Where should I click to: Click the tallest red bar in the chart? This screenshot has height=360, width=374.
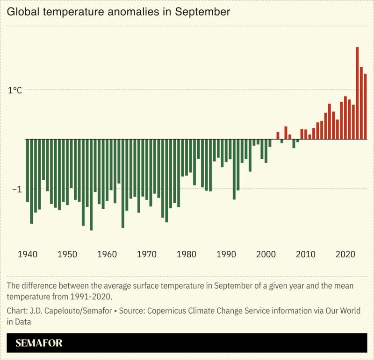tap(357, 93)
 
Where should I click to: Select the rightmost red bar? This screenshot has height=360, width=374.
tap(365, 106)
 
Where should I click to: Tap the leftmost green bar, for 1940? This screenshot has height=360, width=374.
tap(28, 170)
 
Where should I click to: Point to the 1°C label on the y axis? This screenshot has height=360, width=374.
tap(15, 90)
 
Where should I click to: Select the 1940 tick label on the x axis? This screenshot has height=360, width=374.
tap(27, 254)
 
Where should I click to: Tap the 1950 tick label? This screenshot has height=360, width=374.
tap(67, 254)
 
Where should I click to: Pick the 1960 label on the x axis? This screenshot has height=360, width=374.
tap(107, 254)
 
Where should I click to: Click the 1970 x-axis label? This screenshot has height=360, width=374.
tap(147, 254)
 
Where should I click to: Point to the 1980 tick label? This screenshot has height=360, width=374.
tap(187, 254)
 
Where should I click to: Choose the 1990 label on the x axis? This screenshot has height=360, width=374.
tap(226, 254)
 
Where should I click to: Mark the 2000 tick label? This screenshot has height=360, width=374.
tap(266, 254)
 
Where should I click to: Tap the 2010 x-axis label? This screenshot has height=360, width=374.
tap(306, 254)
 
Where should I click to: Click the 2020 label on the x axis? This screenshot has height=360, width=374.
tap(345, 254)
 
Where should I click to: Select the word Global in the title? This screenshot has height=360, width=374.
tap(23, 12)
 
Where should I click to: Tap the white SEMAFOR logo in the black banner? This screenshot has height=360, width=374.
tap(39, 343)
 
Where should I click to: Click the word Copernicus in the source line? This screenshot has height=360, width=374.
tap(173, 311)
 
